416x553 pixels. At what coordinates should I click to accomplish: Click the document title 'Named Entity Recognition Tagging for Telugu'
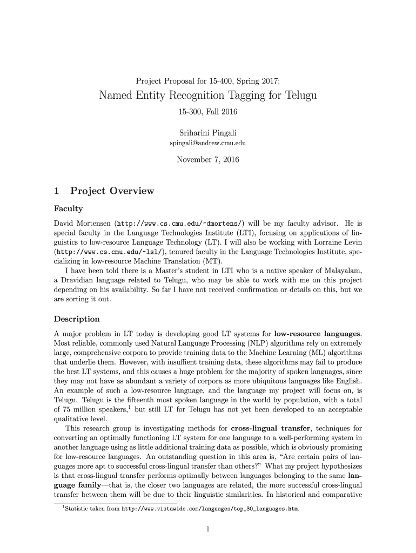pyautogui.click(x=208, y=96)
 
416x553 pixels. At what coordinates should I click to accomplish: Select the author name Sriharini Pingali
pyautogui.click(x=208, y=133)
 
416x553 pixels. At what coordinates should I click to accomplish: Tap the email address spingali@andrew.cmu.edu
pyautogui.click(x=208, y=143)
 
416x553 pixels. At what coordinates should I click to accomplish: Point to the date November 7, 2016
pyautogui.click(x=208, y=160)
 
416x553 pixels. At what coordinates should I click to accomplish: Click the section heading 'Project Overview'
pyautogui.click(x=112, y=191)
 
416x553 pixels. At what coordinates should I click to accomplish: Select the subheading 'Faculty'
pyautogui.click(x=69, y=208)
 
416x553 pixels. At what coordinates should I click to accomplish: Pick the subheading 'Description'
pyautogui.click(x=77, y=319)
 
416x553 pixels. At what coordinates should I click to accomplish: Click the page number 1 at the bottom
pyautogui.click(x=208, y=530)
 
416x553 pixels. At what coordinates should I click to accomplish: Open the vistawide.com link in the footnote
pyautogui.click(x=210, y=509)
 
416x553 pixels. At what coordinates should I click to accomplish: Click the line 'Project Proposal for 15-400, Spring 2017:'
pyautogui.click(x=208, y=82)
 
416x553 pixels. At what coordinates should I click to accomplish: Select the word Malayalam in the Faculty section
pyautogui.click(x=340, y=271)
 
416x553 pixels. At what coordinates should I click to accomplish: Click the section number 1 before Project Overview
pyautogui.click(x=57, y=191)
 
